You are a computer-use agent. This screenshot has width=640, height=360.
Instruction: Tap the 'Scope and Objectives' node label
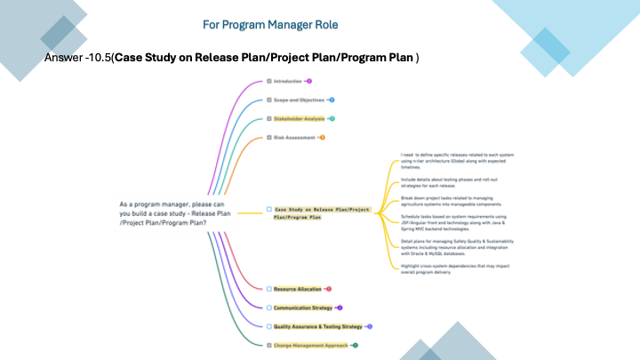click(298, 100)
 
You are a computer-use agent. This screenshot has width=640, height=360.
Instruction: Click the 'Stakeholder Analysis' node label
click(300, 118)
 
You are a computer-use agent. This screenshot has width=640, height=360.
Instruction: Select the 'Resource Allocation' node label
click(298, 289)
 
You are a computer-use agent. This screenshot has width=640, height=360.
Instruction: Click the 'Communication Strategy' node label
click(303, 308)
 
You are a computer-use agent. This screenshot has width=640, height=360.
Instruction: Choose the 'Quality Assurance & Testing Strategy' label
click(318, 326)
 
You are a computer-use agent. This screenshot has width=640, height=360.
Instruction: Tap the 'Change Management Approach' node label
click(310, 345)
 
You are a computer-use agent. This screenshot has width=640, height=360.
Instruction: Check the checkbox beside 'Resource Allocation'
click(268, 289)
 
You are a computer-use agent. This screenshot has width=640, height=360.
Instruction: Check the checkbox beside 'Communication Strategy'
click(268, 308)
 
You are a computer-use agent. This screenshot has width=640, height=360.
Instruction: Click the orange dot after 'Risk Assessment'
click(322, 138)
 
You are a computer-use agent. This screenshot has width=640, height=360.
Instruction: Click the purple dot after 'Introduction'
click(308, 81)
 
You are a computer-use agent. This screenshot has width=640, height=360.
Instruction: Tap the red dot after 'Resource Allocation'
click(329, 289)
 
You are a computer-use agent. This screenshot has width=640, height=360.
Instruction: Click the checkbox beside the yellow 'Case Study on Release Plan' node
click(268, 210)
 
